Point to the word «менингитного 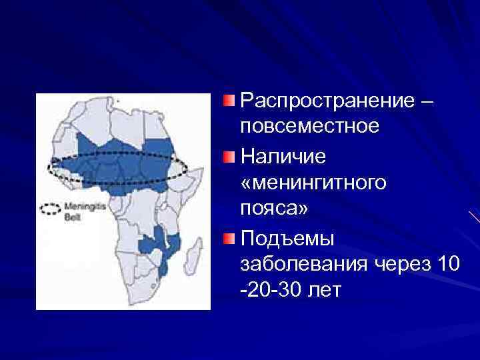[x=313, y=182]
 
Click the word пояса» [x=274, y=208]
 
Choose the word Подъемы [x=287, y=238]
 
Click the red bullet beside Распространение [x=229, y=101]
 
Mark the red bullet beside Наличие [x=229, y=157]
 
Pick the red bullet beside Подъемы [x=229, y=238]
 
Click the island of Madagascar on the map [x=194, y=254]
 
